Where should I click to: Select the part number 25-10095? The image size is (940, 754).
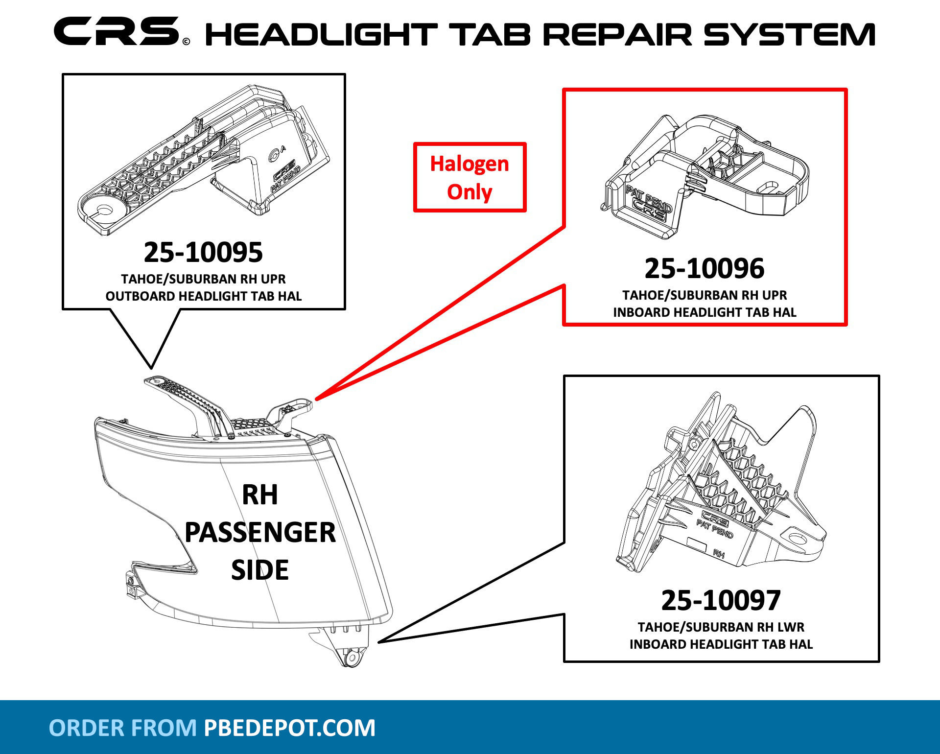tap(203, 253)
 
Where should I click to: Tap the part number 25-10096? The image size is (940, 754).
tap(704, 269)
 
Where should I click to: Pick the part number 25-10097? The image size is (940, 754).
tap(721, 601)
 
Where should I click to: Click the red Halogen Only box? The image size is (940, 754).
tap(470, 177)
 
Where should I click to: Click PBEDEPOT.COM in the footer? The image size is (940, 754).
tap(289, 728)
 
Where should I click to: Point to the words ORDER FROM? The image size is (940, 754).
tap(123, 728)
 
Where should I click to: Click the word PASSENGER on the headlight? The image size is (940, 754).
tap(260, 533)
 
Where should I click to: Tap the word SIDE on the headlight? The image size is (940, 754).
tap(260, 570)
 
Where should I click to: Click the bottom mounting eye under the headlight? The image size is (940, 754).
tap(351, 658)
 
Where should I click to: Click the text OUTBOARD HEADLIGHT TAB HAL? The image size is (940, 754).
tap(204, 296)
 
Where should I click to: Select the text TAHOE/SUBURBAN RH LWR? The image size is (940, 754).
tap(721, 627)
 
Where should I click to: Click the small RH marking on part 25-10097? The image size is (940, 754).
tap(718, 554)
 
